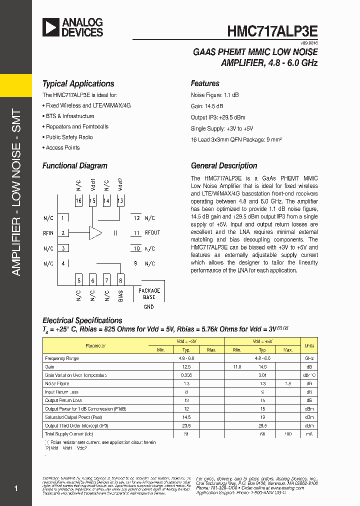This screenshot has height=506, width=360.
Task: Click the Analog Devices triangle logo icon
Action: point(51,27)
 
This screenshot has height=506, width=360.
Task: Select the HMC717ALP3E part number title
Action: point(272,30)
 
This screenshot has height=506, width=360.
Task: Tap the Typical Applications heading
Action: point(78,84)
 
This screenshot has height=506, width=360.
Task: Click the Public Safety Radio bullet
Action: point(69,137)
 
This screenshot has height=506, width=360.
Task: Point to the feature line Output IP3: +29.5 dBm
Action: point(218,117)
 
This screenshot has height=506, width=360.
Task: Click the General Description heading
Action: point(224,166)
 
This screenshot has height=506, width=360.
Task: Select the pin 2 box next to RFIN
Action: point(63,233)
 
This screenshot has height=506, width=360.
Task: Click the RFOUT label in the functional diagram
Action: point(152,233)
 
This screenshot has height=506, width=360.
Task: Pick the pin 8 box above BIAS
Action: point(120,280)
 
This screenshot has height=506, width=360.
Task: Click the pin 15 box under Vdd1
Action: point(92,201)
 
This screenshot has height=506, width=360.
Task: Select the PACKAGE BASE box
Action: point(149,293)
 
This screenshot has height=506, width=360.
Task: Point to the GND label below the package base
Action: point(149,307)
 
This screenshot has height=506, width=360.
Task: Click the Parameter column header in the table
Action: point(95,345)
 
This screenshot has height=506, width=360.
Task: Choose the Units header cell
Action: point(309,345)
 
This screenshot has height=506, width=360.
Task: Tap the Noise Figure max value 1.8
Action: point(287,383)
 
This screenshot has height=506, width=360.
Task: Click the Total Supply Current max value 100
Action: point(287,434)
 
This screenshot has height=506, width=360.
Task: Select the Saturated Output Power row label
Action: point(73,417)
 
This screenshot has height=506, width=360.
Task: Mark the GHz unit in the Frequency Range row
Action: point(309,358)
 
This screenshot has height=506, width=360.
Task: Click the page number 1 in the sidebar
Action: point(16,488)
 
